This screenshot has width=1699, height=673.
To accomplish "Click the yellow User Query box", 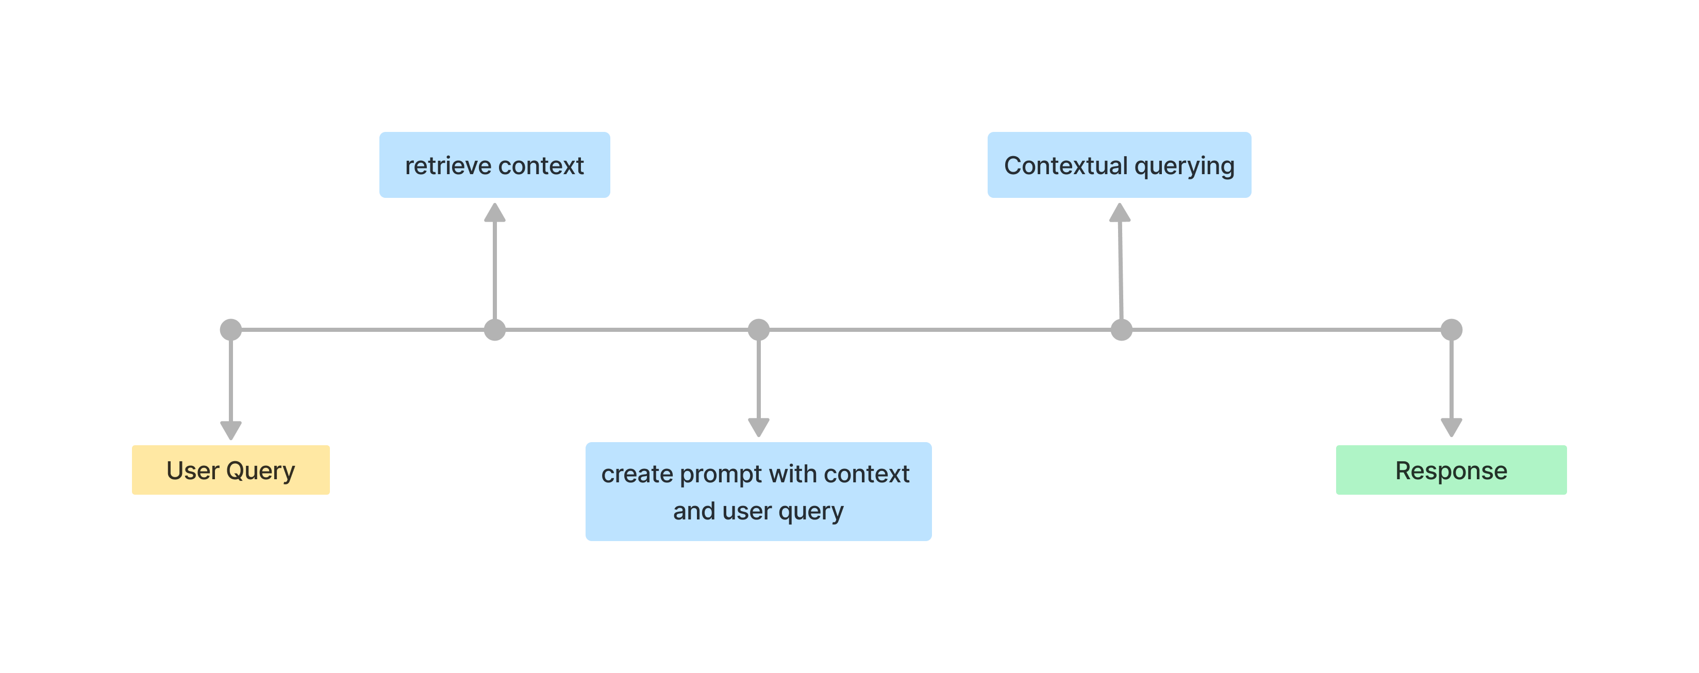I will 231,470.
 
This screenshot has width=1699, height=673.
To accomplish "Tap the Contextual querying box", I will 1119,165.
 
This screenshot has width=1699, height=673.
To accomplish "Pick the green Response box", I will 1451,470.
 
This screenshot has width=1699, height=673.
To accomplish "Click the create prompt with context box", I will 758,492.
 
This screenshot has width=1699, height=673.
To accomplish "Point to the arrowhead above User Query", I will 231,430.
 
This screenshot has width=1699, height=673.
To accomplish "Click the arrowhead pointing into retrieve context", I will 495,213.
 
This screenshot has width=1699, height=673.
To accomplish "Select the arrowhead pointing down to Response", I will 1451,427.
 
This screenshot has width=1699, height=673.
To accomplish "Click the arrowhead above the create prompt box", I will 758,427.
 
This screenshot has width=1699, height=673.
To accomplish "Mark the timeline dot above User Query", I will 231,330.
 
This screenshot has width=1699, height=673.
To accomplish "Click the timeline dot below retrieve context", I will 495,330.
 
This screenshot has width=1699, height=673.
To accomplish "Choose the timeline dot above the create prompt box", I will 758,330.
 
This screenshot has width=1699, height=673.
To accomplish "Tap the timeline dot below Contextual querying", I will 1121,330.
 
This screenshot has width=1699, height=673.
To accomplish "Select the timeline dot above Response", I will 1451,330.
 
